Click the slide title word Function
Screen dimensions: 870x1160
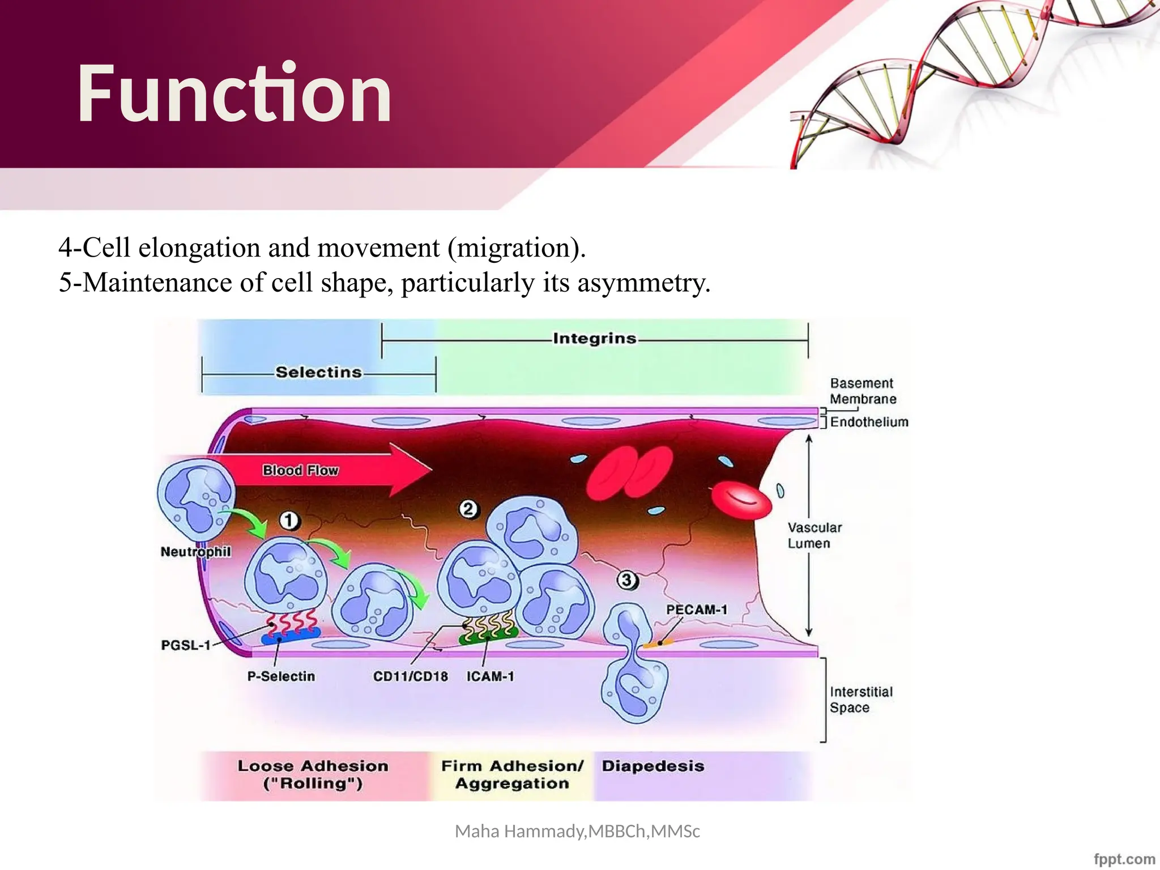point(234,93)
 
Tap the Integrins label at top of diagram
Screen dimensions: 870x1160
point(594,339)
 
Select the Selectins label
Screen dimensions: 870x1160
point(318,372)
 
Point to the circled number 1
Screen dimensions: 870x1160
point(289,520)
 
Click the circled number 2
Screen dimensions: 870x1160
point(468,509)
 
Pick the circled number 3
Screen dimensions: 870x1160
point(626,580)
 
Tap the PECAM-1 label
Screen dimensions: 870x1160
point(696,609)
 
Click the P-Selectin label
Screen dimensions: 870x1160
point(281,676)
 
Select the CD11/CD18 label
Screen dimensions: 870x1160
point(410,676)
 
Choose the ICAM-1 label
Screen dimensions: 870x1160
point(490,676)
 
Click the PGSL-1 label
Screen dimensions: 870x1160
point(185,645)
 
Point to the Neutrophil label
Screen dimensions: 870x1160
point(195,552)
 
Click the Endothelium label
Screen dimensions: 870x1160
point(869,422)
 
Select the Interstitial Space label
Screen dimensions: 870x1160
point(860,700)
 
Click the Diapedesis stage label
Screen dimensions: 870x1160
point(652,766)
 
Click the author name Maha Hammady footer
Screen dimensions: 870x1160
point(577,831)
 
